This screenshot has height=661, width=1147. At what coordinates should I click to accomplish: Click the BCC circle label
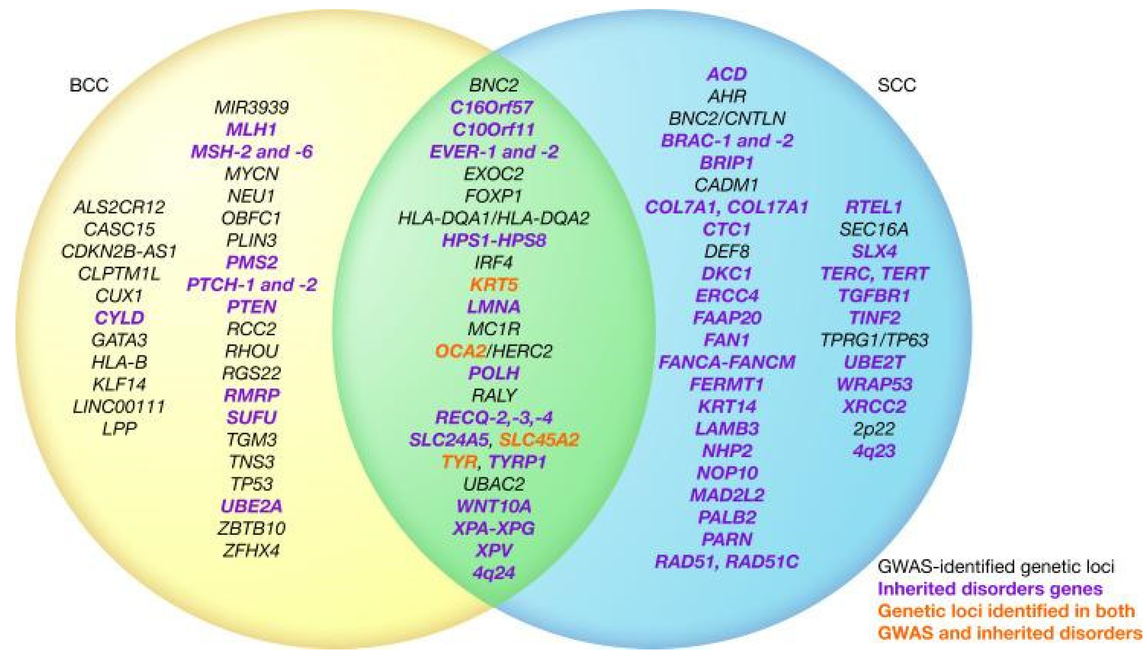89,85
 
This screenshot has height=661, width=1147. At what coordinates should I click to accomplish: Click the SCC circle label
897,85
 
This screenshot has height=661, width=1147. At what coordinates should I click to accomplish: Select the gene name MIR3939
251,108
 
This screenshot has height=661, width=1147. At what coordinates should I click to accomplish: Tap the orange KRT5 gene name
494,285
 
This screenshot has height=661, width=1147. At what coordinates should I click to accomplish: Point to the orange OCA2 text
460,351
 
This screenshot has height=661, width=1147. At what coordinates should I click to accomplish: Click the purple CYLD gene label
119,318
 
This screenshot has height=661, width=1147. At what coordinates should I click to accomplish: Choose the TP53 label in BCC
251,484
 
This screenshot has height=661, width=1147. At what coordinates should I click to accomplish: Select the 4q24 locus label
494,573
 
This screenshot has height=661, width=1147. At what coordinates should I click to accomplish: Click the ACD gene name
727,74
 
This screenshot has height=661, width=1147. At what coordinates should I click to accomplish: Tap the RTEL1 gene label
874,207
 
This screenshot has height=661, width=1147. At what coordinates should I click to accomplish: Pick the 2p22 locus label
874,429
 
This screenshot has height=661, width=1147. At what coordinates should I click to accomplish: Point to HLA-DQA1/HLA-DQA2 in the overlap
494,218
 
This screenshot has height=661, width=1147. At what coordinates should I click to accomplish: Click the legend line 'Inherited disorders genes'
990,589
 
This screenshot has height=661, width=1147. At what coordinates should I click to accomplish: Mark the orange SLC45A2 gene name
539,439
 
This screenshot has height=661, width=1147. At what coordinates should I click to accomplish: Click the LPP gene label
119,429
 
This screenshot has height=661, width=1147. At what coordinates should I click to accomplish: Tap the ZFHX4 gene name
251,551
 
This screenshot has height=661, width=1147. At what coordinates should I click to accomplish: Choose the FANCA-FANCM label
727,362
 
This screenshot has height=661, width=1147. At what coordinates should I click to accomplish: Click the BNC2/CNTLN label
727,119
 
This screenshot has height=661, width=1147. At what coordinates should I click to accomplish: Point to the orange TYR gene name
459,462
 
